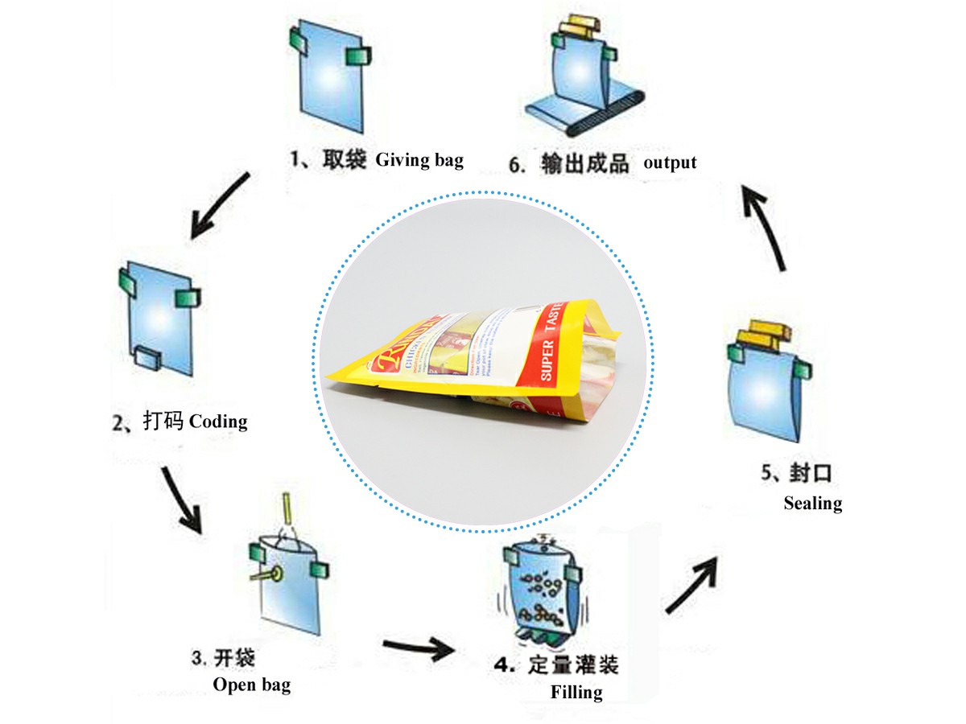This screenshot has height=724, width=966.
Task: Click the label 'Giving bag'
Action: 419,160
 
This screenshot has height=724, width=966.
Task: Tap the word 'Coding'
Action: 218,421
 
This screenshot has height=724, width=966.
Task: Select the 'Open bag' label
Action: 251,685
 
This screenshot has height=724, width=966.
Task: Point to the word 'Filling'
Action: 576,692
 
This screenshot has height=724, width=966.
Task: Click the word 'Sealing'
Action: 812,504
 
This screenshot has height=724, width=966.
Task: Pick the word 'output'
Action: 670,162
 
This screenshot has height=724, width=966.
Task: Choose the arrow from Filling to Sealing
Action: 691,584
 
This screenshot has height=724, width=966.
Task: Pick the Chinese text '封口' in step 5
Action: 807,473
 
